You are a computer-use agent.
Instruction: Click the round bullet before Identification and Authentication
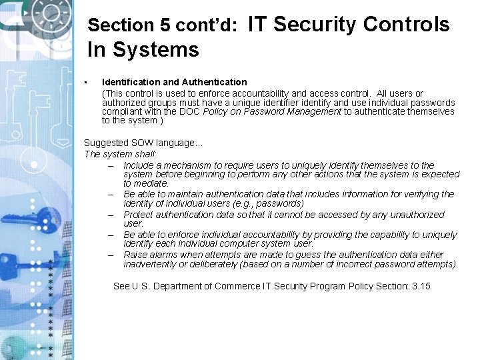87,82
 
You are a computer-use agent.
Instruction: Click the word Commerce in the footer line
241,286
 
